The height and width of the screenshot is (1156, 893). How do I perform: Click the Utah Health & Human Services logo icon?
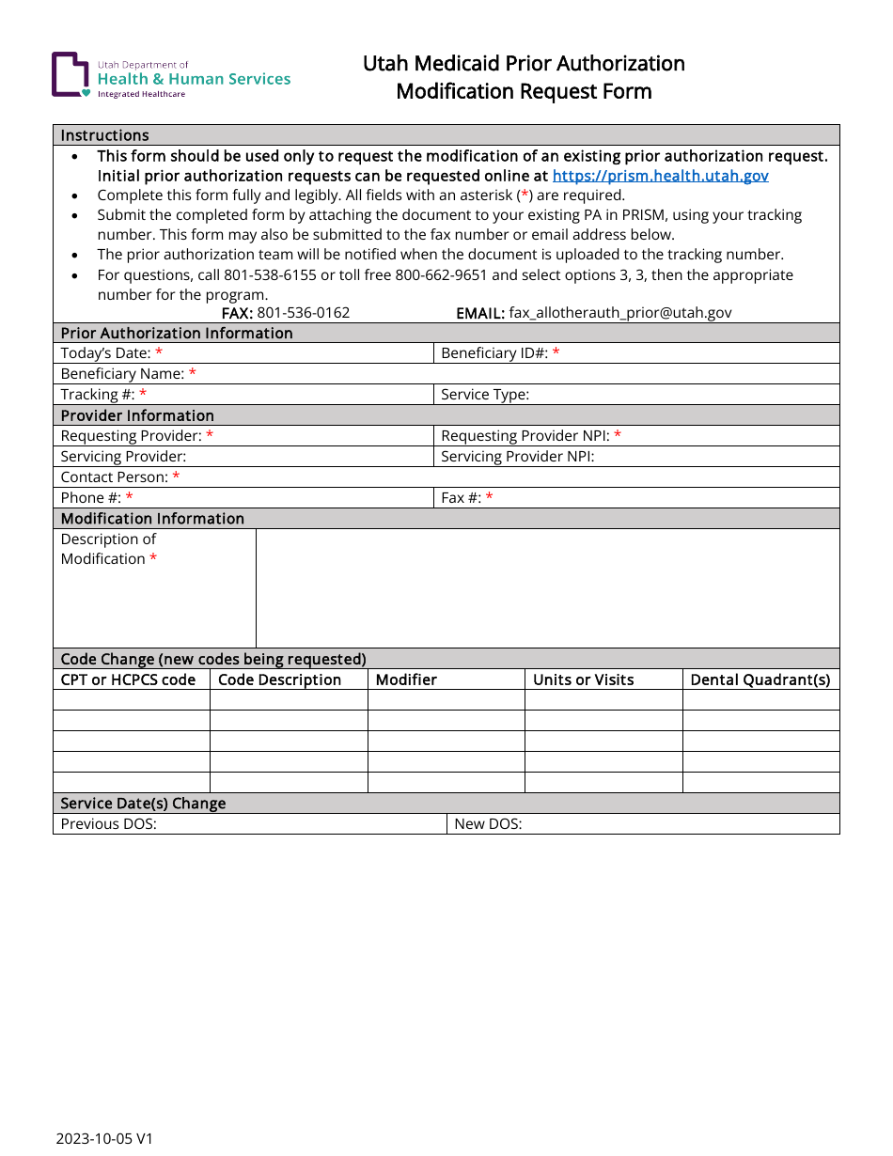tap(70, 75)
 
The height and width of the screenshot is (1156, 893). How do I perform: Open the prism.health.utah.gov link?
tap(660, 176)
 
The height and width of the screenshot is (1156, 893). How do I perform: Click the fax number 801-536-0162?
tap(303, 313)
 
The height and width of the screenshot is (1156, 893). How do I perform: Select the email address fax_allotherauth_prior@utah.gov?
tap(619, 313)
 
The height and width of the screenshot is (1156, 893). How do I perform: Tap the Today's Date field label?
tap(105, 353)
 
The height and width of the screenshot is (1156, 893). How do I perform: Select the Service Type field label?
tap(485, 395)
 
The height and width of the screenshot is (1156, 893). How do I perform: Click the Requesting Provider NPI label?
tap(525, 436)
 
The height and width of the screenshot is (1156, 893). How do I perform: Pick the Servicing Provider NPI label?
tap(517, 457)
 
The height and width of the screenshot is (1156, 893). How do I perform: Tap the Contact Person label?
tap(114, 477)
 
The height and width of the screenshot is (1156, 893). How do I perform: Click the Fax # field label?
tap(461, 498)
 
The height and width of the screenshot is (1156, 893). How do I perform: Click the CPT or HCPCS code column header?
tap(128, 680)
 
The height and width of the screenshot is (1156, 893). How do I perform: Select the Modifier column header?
tap(406, 680)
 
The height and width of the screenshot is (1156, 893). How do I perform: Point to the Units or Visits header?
tap(583, 680)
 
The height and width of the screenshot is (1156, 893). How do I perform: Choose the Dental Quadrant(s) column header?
tap(760, 680)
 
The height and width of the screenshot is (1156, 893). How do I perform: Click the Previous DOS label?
tap(108, 824)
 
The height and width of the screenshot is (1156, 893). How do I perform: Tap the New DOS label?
tap(488, 824)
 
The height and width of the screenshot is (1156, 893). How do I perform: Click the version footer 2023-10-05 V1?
tap(104, 1139)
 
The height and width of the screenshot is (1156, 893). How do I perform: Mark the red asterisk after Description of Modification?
tap(153, 559)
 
